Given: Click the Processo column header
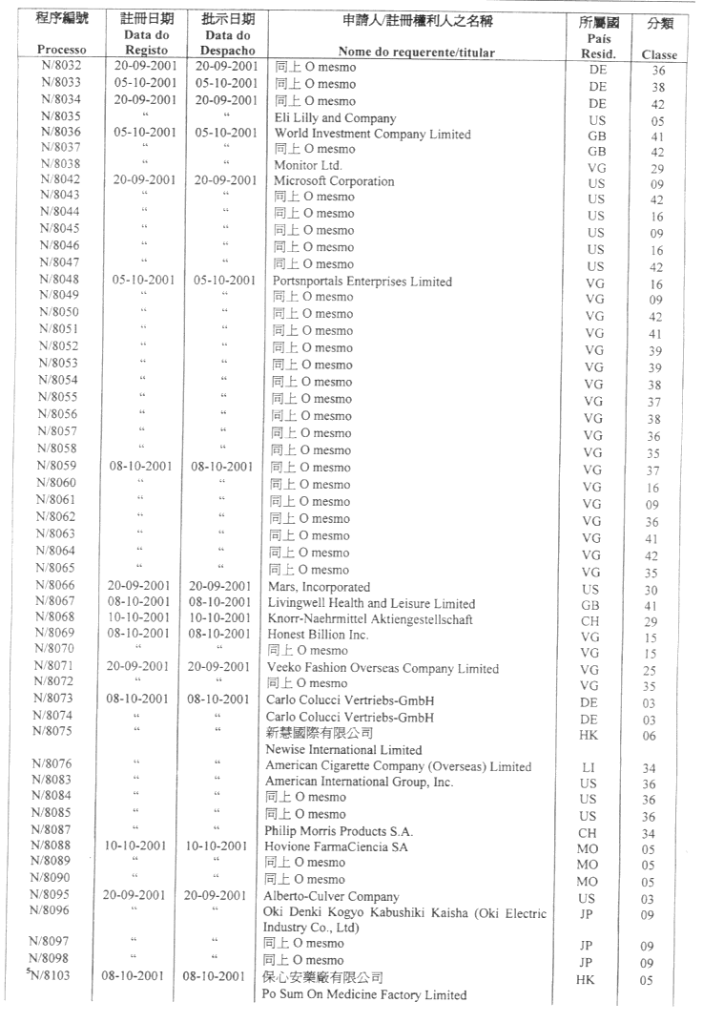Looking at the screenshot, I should click(x=60, y=50).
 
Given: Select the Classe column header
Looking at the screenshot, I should click(x=659, y=54).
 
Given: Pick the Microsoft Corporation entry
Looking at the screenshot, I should click(x=334, y=180).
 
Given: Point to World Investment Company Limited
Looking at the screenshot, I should click(x=372, y=134).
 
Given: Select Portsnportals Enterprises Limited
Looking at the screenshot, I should click(x=363, y=282).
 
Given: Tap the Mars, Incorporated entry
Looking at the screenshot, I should click(x=321, y=587).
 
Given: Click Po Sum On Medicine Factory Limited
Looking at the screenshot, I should click(x=364, y=995).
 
